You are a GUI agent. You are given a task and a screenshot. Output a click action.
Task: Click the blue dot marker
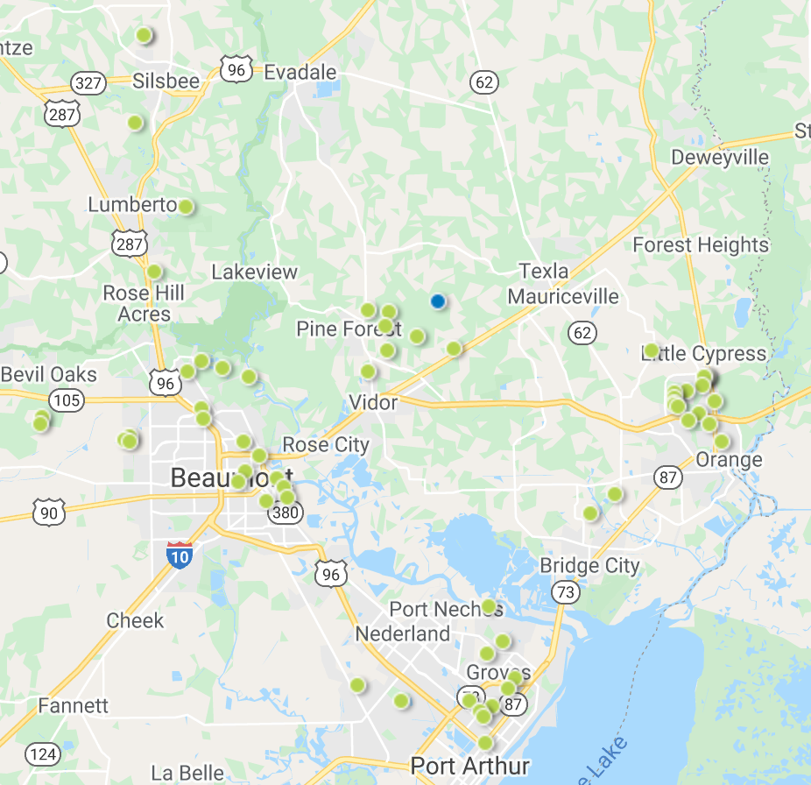tap(438, 301)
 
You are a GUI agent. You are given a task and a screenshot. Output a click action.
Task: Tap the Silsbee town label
tap(166, 81)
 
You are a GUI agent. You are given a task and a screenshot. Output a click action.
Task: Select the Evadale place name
tap(300, 72)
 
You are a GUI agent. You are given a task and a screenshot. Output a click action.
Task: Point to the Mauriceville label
tap(563, 296)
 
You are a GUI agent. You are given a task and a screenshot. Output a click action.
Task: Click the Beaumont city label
tap(229, 478)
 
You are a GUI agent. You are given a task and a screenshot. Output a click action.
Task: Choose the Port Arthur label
tap(469, 766)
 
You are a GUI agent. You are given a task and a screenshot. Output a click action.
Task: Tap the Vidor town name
tap(373, 403)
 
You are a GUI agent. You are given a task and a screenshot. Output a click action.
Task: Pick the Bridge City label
tap(589, 565)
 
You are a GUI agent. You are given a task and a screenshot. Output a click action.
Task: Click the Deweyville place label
tap(720, 158)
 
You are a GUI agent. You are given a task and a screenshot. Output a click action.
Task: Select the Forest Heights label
tap(701, 245)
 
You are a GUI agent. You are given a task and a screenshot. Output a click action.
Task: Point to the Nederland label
tap(403, 633)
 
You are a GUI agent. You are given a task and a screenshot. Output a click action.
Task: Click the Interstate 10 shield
tap(180, 555)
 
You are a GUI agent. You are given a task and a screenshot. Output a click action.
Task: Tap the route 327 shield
tap(89, 84)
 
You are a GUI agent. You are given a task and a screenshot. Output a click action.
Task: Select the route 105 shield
tap(67, 401)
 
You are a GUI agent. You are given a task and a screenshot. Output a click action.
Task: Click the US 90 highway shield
tap(49, 513)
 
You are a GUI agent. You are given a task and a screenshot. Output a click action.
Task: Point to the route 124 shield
tap(42, 753)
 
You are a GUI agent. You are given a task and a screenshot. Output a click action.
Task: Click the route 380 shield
tap(286, 513)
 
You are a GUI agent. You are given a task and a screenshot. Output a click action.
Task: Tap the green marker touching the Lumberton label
tap(186, 207)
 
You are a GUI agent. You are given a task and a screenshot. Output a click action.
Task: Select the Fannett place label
tap(74, 705)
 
